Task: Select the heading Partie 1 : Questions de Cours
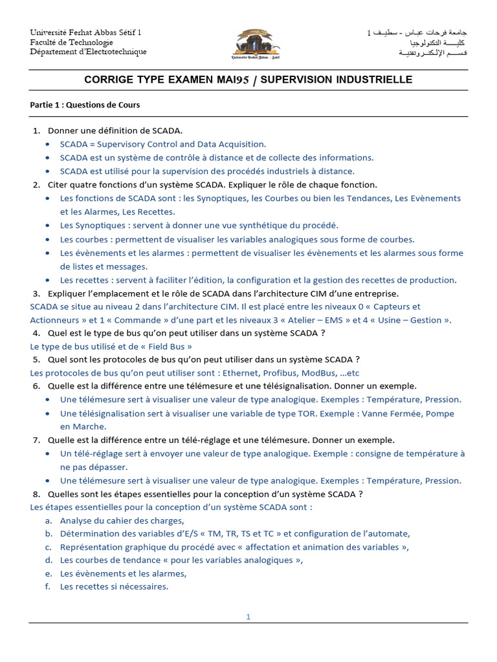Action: (85, 105)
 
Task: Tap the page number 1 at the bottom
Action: (248, 617)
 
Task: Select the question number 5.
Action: (36, 359)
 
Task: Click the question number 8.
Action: (36, 494)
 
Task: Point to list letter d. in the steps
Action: (49, 560)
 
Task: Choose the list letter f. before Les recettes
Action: (49, 586)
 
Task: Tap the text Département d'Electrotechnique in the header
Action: (89, 52)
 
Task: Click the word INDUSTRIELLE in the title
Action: (373, 80)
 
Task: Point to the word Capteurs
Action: (397, 306)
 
